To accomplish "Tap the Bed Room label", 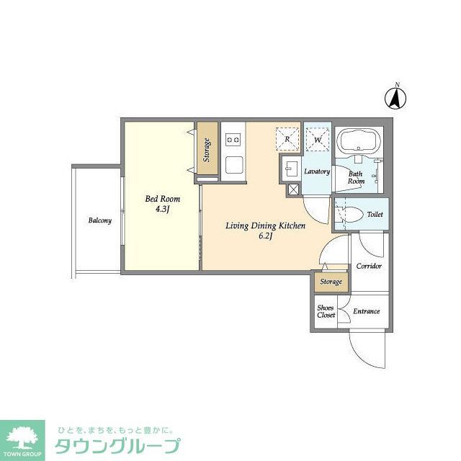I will tap(162, 199).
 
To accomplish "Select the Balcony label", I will tap(100, 220).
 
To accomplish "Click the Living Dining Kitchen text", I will tap(265, 226).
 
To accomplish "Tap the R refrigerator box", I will tap(287, 138).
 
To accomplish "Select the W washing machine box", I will tap(317, 138).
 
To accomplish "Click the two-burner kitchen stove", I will tap(232, 139).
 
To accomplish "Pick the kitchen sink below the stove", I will tap(233, 165).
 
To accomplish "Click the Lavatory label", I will tap(316, 171).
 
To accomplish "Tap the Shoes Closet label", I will tap(326, 311).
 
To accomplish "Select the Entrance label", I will tap(366, 311).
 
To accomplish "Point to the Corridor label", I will tap(368, 266).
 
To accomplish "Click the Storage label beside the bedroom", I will tap(207, 148).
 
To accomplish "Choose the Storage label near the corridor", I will tap(331, 282).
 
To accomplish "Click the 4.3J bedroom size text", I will tap(162, 210).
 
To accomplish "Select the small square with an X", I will tap(294, 190).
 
